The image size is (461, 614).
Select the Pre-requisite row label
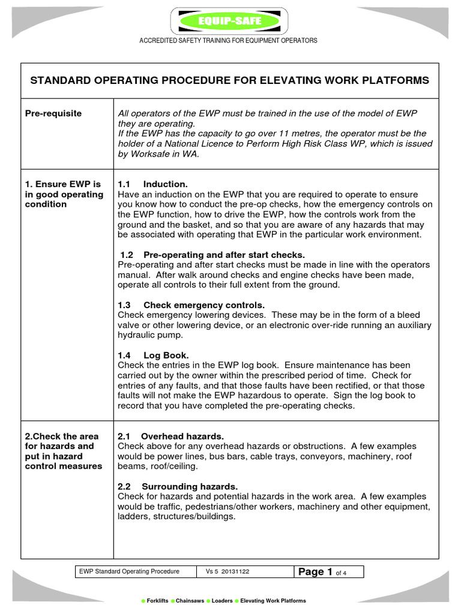coord(53,113)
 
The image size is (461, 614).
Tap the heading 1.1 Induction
coord(153,184)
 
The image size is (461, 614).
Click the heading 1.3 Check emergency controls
coord(191,305)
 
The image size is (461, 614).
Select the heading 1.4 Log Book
coord(154,355)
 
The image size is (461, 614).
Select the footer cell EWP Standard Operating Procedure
coord(130,572)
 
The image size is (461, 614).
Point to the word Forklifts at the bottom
coord(157,601)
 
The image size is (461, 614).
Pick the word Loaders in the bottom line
coord(222,601)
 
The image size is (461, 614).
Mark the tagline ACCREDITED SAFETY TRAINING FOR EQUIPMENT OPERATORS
coord(229,41)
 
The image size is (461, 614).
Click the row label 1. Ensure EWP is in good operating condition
coord(64,194)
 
